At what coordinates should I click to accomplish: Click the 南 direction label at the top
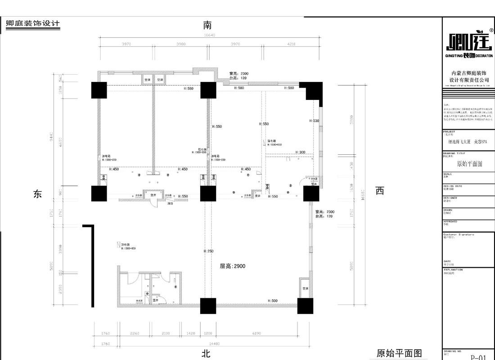tap(207, 25)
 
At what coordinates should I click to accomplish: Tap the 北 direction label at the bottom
tap(206, 354)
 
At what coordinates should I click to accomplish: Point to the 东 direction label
tap(37, 193)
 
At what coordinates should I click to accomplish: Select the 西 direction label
tap(380, 191)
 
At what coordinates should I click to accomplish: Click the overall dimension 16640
tap(210, 35)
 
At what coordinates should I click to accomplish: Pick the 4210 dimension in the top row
tap(291, 44)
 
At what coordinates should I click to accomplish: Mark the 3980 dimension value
tap(181, 44)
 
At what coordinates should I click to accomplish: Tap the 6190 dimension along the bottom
tap(257, 333)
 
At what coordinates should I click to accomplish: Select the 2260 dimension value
tap(135, 333)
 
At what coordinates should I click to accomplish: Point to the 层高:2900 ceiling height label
tap(232, 266)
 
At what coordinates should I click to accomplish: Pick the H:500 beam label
tap(273, 301)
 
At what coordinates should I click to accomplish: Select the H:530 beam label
tap(314, 121)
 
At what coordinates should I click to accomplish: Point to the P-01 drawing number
tap(478, 357)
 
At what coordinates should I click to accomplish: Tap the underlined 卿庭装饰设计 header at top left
tap(33, 24)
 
